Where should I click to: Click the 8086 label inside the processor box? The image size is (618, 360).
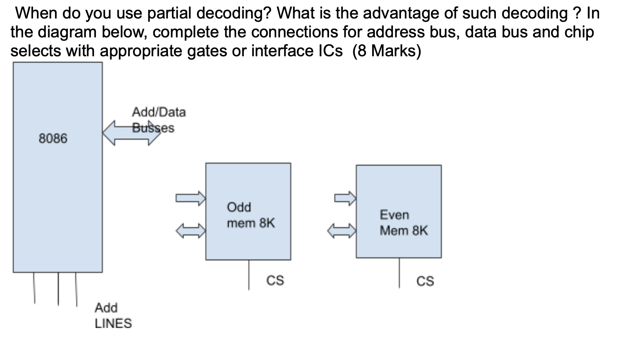pyautogui.click(x=53, y=138)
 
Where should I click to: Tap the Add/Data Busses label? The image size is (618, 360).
pyautogui.click(x=158, y=119)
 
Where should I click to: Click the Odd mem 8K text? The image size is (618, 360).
pyautogui.click(x=250, y=215)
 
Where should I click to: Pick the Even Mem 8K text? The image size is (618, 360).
pyautogui.click(x=403, y=223)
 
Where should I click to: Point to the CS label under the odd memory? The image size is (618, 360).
pyautogui.click(x=275, y=280)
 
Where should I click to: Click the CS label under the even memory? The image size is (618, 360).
pyautogui.click(x=425, y=281)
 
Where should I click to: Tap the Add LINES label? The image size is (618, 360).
pyautogui.click(x=113, y=316)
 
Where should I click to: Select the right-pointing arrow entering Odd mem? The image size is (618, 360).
pyautogui.click(x=191, y=198)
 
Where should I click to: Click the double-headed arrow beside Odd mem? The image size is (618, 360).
pyautogui.click(x=191, y=230)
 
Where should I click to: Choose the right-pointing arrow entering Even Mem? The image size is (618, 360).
pyautogui.click(x=345, y=198)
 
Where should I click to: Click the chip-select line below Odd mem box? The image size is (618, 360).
pyautogui.click(x=249, y=274)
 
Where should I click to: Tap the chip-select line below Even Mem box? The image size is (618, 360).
pyautogui.click(x=399, y=273)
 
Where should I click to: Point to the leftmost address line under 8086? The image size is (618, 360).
pyautogui.click(x=34, y=288)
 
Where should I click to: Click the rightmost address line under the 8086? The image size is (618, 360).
pyautogui.click(x=76, y=289)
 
